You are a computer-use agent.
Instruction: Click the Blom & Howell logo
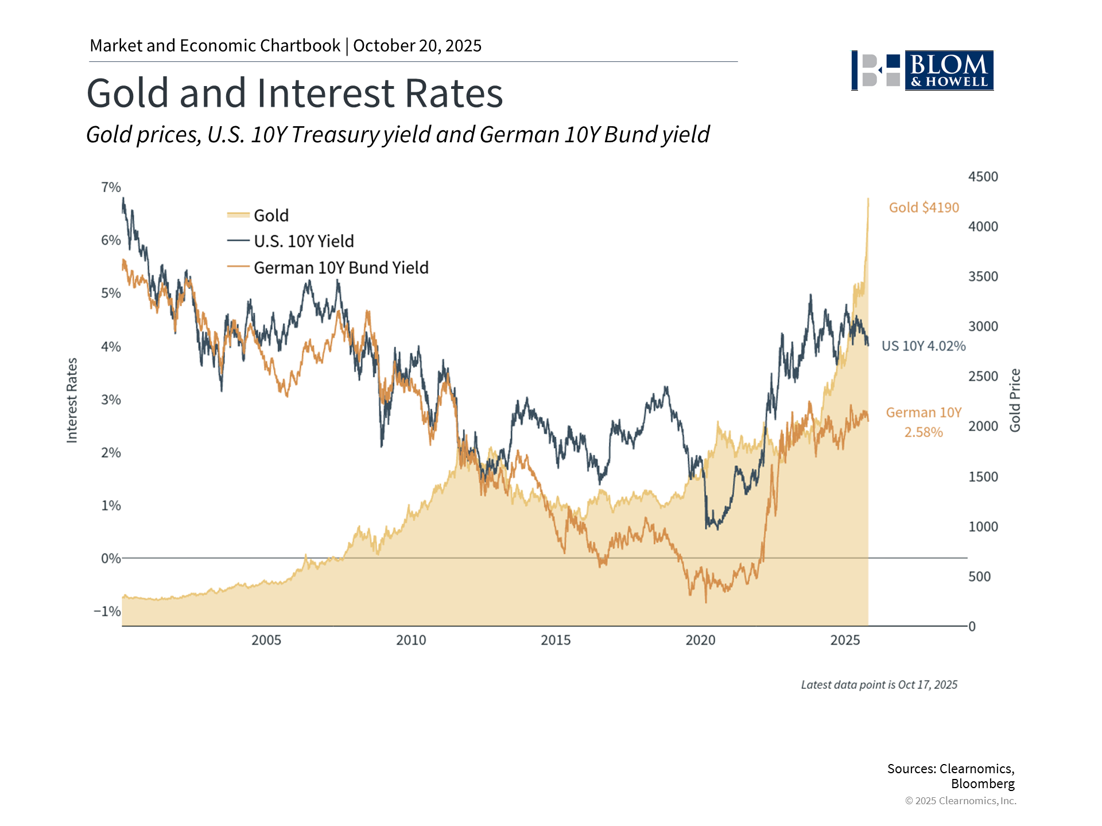tap(922, 71)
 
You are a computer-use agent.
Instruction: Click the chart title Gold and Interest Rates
tap(294, 93)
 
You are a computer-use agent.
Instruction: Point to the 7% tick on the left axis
tap(111, 188)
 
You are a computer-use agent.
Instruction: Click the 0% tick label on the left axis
tap(110, 559)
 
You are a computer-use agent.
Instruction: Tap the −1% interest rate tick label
tap(107, 611)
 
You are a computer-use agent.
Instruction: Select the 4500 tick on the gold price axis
tap(983, 177)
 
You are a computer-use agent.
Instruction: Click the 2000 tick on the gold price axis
tap(983, 426)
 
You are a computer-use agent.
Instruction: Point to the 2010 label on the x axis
tap(411, 640)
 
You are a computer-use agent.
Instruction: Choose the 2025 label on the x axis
tap(845, 640)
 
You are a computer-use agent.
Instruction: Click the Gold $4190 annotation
tap(923, 208)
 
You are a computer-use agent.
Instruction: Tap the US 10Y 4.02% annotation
tap(923, 346)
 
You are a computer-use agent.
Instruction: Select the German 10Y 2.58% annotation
tap(923, 422)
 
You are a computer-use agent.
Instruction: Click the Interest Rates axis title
tap(72, 400)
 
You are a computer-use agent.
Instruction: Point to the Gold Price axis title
tap(1015, 400)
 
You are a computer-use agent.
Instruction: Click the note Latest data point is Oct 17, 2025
tap(879, 685)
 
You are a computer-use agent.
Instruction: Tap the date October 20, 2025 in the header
tap(417, 46)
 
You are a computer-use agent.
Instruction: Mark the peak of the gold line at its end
tap(868, 199)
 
